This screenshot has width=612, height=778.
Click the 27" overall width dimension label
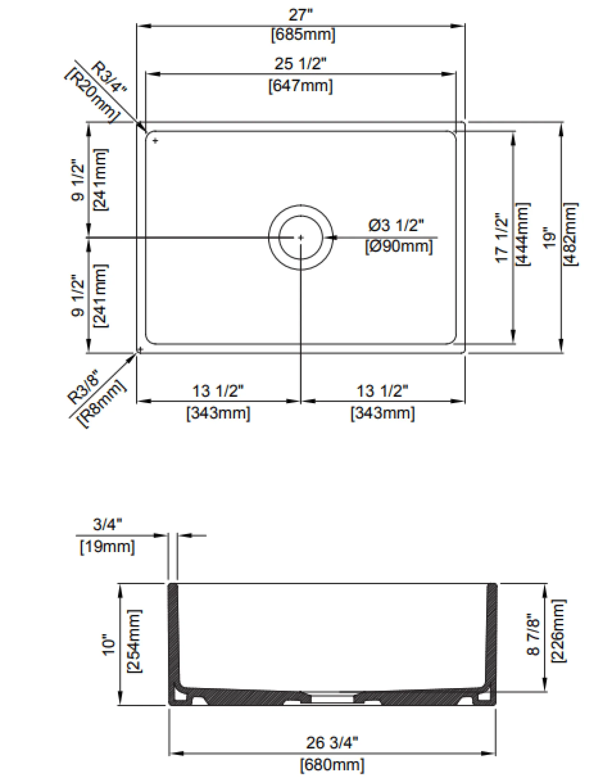pyautogui.click(x=301, y=15)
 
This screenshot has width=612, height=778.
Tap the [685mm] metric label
pyautogui.click(x=303, y=35)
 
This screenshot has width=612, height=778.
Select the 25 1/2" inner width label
pyautogui.click(x=300, y=64)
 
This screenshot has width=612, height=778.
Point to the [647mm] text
pyautogui.click(x=301, y=86)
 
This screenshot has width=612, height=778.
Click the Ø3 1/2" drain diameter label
pyautogui.click(x=396, y=226)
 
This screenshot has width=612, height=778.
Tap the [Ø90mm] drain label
pyautogui.click(x=399, y=247)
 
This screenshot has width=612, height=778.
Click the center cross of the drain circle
pyautogui.click(x=301, y=237)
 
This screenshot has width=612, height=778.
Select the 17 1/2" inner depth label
pyautogui.click(x=502, y=238)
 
